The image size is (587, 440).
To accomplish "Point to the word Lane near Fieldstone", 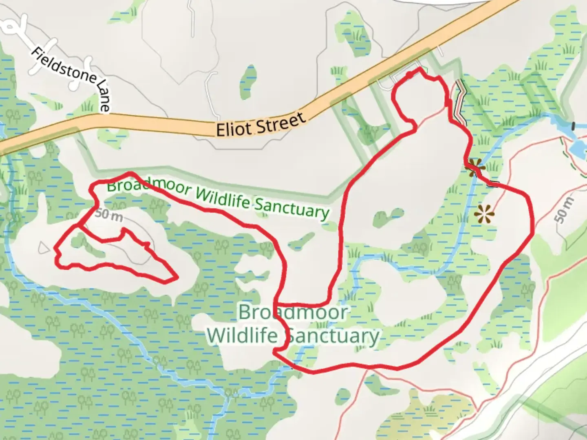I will [104, 96].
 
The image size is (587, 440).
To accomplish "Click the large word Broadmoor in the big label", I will [293, 312].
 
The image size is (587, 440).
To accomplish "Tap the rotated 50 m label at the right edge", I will [565, 210].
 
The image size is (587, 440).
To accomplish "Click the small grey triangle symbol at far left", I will [42, 247].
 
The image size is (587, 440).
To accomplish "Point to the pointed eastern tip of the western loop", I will [177, 278].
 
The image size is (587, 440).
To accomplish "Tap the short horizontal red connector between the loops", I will [302, 304].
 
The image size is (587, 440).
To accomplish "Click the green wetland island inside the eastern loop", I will [387, 216].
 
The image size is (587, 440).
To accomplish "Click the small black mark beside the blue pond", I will [574, 126].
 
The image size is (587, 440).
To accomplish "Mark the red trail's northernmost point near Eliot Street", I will [419, 70].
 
